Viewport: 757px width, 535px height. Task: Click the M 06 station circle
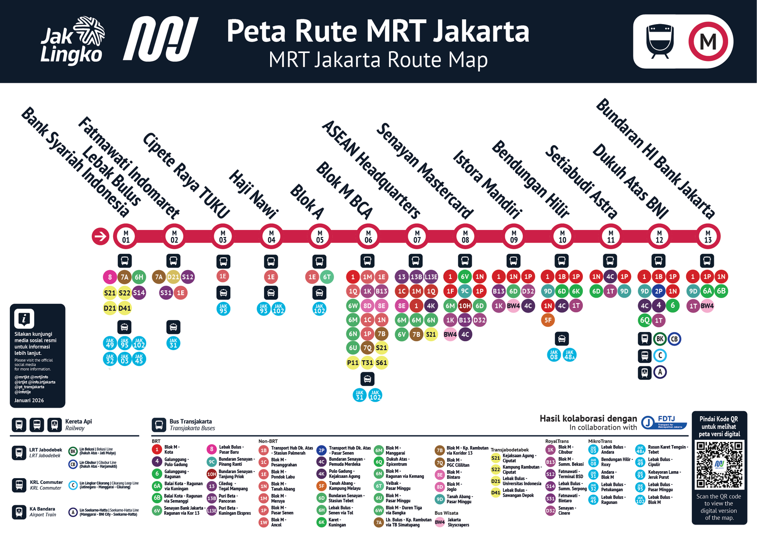point(368,236)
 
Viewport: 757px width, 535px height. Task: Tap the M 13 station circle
point(708,236)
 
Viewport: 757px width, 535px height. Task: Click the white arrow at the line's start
point(100,236)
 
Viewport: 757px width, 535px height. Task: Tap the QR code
point(719,465)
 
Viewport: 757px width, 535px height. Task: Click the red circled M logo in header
point(708,42)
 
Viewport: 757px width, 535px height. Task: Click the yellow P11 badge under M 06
point(353,363)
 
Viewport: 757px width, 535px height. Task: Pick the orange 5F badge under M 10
point(548,320)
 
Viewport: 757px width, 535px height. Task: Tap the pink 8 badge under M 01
point(110,277)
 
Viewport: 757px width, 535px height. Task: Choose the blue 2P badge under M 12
point(659,291)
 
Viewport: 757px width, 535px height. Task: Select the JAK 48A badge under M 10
point(569,355)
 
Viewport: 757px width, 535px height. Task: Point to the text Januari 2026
point(29,400)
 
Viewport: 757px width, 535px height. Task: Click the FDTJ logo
point(664,421)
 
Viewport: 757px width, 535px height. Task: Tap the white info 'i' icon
point(24,318)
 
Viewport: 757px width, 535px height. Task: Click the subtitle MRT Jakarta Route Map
point(378,60)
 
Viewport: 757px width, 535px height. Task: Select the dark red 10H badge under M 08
point(465,306)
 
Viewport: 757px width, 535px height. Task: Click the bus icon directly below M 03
point(223,261)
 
